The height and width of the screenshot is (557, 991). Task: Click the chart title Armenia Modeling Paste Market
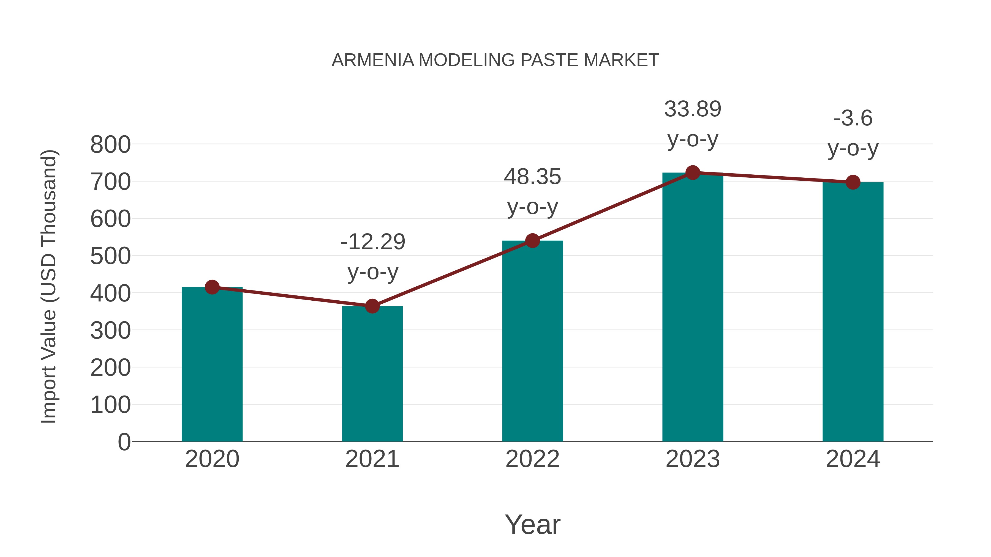click(495, 60)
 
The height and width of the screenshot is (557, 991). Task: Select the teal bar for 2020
click(212, 365)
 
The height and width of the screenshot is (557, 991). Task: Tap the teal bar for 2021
click(372, 375)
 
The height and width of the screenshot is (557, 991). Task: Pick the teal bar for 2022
click(532, 342)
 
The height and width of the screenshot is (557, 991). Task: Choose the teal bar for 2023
click(693, 308)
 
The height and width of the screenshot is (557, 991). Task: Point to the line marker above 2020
click(212, 287)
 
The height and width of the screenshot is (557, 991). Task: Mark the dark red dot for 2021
click(372, 306)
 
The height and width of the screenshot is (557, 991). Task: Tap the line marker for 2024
click(853, 182)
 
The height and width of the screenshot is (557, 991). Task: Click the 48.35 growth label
click(532, 177)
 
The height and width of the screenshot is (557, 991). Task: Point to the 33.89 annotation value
click(693, 109)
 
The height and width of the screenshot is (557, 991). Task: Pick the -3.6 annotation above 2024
click(853, 118)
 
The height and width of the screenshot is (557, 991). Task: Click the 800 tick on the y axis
click(110, 145)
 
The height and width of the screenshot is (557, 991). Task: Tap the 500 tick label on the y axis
click(110, 256)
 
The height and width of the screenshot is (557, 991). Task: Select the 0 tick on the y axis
click(124, 442)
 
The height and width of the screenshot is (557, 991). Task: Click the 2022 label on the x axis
click(532, 459)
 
